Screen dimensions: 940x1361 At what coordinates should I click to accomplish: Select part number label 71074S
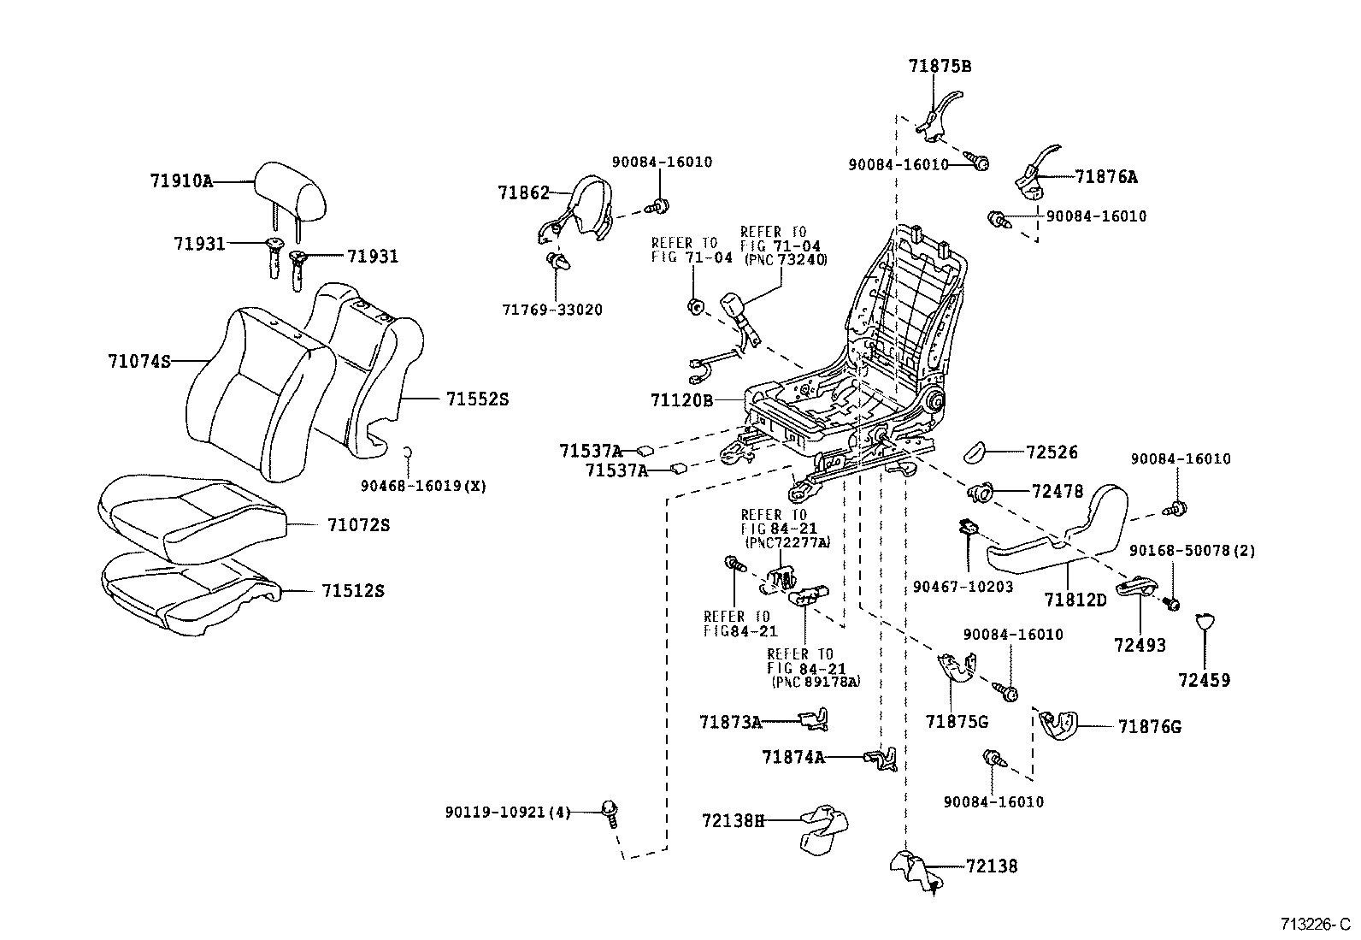coord(138,361)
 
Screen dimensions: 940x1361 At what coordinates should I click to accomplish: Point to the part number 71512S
coord(353,591)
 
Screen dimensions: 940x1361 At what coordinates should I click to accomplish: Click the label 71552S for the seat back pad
coord(477,399)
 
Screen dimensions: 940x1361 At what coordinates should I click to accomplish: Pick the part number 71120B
coord(681,399)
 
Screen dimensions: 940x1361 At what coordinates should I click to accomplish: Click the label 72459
coord(1204,680)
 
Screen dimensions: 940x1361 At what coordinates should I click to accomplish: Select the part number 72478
coord(1058,491)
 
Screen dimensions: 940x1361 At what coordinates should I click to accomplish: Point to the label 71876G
coord(1149,727)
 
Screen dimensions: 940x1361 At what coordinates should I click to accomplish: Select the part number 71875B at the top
coord(940,66)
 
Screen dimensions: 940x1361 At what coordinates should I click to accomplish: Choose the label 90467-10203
coord(963,587)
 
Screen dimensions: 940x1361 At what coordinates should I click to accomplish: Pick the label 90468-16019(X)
coord(423,486)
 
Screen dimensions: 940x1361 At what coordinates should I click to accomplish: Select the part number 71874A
coord(792,757)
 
